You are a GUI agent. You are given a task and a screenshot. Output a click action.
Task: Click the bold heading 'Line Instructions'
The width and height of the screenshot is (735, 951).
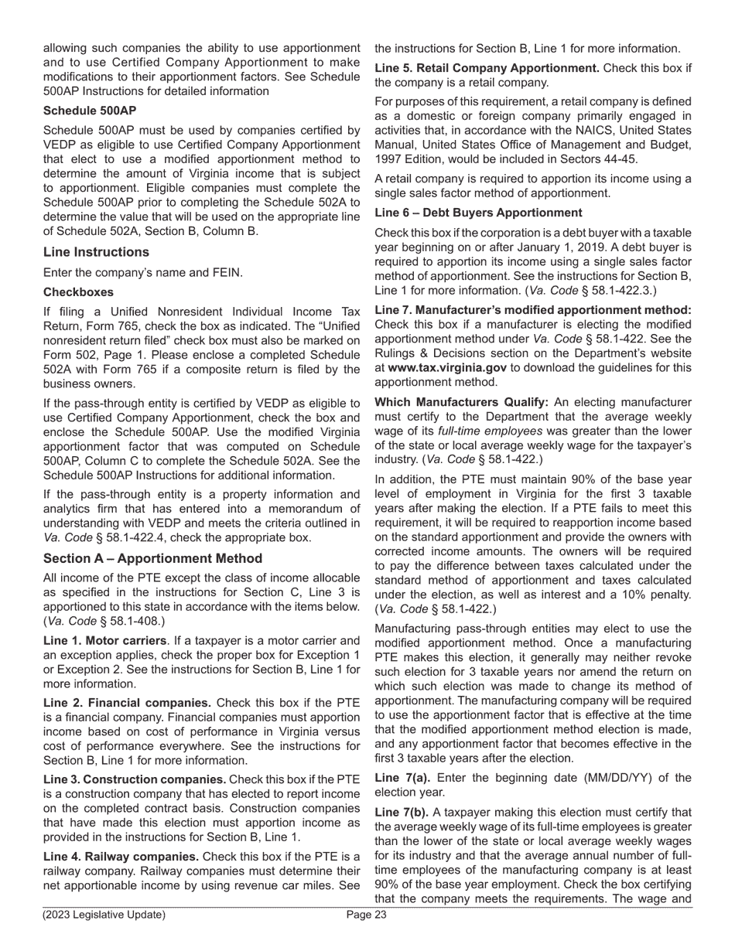pyautogui.click(x=96, y=252)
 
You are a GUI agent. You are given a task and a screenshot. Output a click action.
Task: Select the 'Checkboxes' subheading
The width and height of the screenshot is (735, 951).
pyautogui.click(x=78, y=292)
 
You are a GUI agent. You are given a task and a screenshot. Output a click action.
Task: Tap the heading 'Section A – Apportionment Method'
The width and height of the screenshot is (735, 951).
pyautogui.click(x=152, y=558)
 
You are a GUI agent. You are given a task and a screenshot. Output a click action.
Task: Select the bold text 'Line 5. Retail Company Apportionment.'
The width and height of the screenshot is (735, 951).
pyautogui.click(x=487, y=68)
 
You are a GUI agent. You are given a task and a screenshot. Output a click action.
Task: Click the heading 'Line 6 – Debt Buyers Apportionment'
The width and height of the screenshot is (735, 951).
pyautogui.click(x=478, y=213)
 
